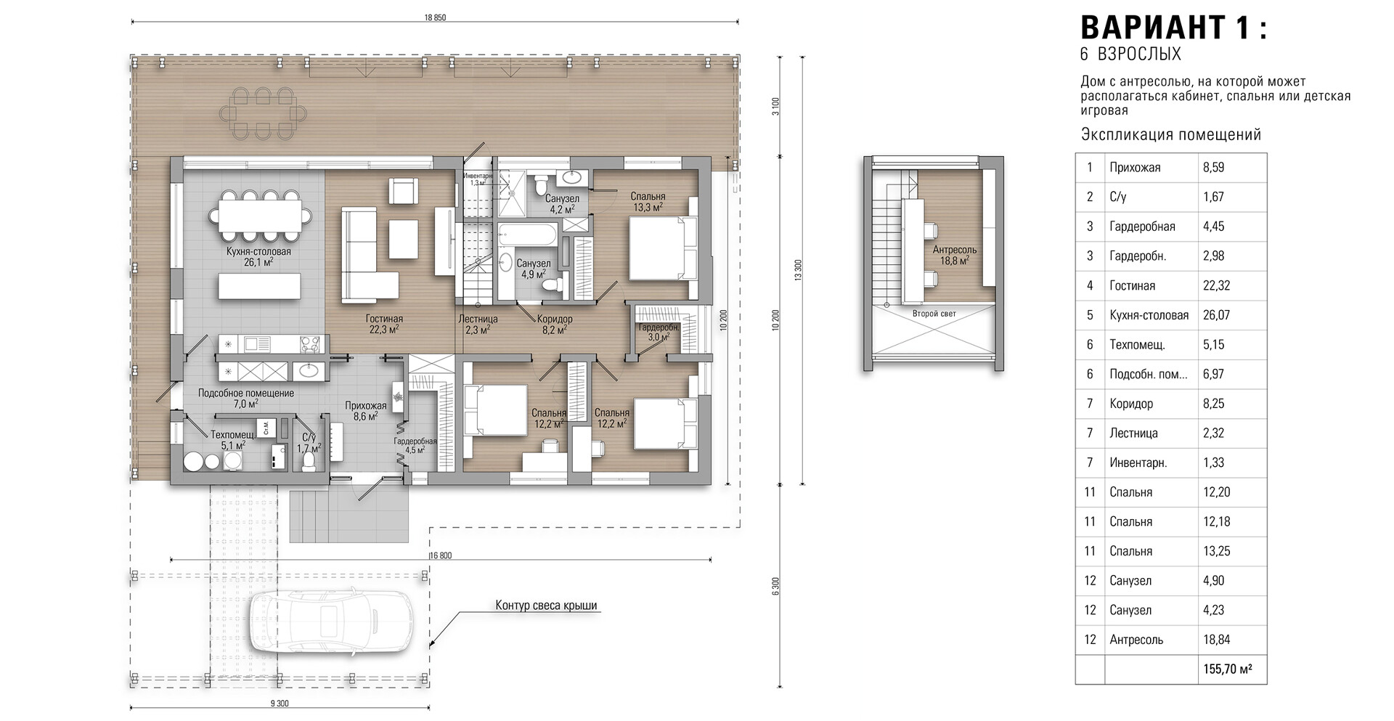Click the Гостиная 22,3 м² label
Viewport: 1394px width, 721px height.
point(384,324)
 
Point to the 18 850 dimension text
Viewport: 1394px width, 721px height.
point(435,17)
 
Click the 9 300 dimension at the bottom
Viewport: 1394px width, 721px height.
point(279,703)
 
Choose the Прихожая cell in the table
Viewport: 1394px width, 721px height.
point(1135,168)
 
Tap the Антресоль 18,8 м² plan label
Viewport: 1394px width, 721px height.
point(954,255)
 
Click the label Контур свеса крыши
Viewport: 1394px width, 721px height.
point(546,606)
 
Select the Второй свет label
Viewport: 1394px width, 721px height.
point(934,314)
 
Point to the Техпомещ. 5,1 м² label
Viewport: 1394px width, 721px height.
point(232,440)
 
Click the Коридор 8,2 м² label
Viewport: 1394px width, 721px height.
point(555,324)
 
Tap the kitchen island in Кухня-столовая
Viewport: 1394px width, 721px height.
point(259,285)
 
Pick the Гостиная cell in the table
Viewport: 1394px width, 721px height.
point(1132,286)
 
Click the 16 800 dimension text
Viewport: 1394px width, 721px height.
point(441,556)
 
